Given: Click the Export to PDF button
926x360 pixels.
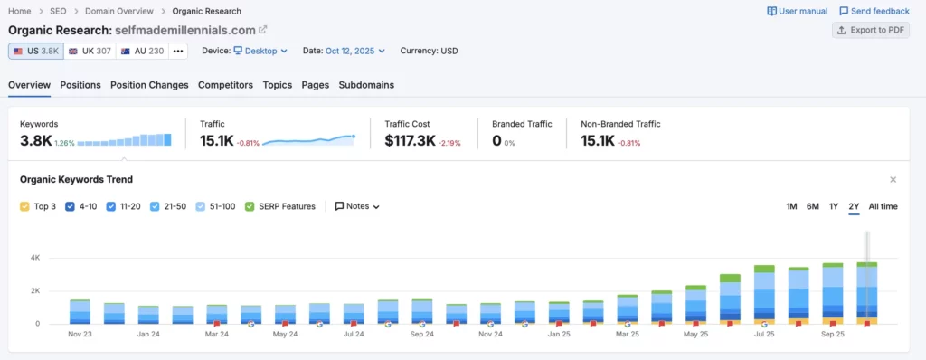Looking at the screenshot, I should point(871,30).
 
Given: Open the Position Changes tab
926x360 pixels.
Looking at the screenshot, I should point(149,85).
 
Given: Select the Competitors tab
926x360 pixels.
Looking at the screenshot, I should point(225,85).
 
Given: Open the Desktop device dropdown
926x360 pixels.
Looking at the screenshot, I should point(260,51).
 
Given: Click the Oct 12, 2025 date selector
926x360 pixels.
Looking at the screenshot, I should point(356,51).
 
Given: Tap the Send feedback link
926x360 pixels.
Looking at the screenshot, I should point(874,11).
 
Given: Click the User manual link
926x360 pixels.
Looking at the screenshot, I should point(798,11).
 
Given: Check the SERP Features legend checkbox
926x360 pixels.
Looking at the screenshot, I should point(250,206).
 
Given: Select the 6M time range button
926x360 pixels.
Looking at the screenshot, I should point(813,206).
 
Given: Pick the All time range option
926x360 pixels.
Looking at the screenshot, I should point(883,206).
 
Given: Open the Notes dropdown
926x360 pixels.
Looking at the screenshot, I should point(357,206).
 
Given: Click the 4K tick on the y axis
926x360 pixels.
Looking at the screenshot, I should point(34,258).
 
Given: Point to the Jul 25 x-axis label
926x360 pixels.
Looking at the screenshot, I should point(764,334).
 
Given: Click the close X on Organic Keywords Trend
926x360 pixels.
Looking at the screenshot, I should point(893,180).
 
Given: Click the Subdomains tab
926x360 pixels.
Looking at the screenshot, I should point(366,85).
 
